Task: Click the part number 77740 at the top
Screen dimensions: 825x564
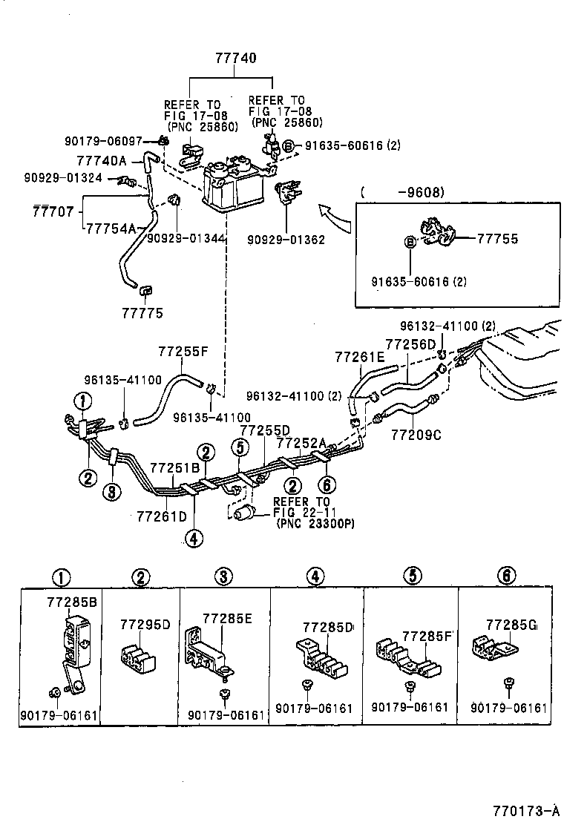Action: (237, 57)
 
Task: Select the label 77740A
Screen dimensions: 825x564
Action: (102, 160)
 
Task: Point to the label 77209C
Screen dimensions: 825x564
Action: (416, 435)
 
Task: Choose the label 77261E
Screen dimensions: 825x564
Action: (359, 358)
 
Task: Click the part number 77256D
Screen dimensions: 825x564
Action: (410, 344)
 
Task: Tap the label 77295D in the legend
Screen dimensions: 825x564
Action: (145, 624)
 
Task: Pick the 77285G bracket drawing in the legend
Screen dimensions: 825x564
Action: (495, 648)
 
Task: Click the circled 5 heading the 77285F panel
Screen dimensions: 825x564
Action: (413, 574)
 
